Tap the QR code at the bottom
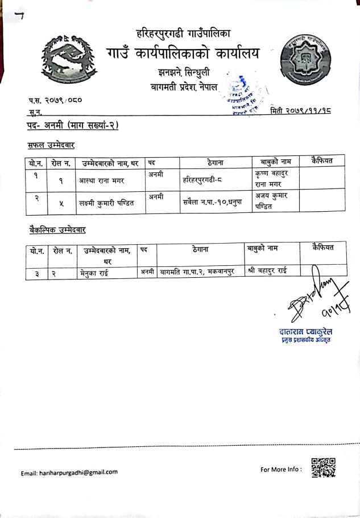324,467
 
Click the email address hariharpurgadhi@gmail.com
69,472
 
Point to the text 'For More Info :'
282,470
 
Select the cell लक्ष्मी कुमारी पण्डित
107,203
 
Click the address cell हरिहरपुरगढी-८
205,180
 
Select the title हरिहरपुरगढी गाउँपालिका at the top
183,34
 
